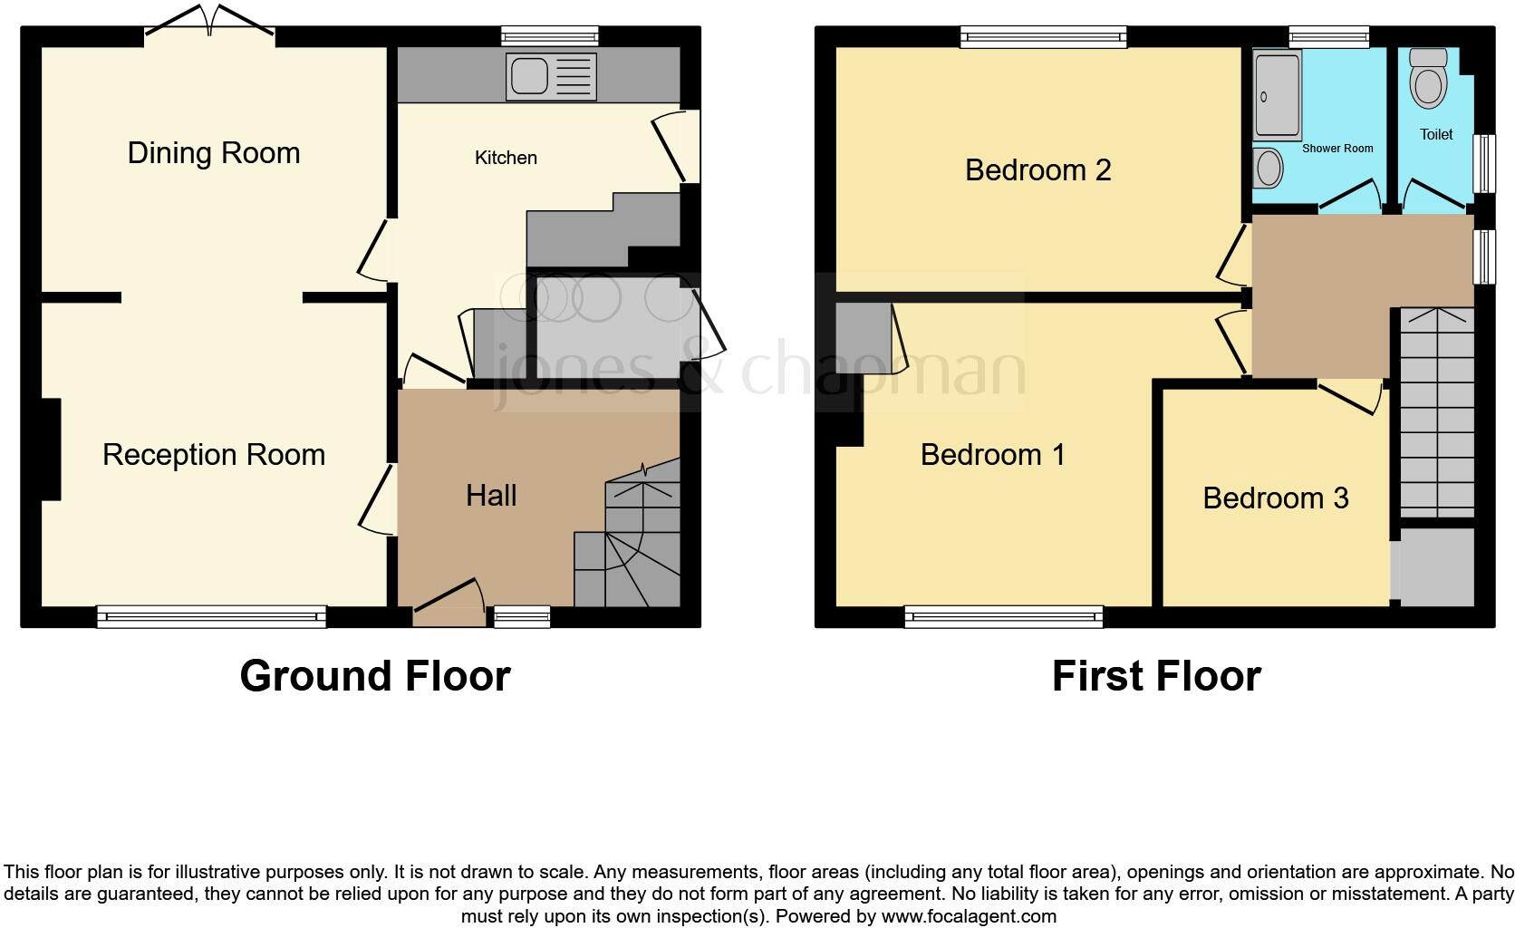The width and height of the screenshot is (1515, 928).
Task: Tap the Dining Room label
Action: (x=214, y=153)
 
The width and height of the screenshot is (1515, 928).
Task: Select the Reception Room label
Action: (x=214, y=454)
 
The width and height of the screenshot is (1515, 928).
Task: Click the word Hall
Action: (x=491, y=495)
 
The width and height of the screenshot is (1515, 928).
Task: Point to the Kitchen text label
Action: (x=506, y=158)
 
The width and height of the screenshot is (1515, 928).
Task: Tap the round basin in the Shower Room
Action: (x=1269, y=168)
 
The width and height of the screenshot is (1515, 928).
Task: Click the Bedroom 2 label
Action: (x=1037, y=169)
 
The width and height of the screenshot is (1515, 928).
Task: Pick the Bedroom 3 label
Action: (x=1276, y=498)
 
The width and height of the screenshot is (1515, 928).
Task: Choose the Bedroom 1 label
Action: (x=992, y=454)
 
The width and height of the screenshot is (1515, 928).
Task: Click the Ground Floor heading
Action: (x=375, y=676)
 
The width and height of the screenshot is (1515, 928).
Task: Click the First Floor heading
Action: (x=1156, y=676)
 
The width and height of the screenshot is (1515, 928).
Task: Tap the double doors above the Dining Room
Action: (x=209, y=22)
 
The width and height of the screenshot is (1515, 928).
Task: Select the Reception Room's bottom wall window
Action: (x=211, y=616)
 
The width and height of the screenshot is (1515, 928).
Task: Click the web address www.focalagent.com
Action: (x=968, y=915)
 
